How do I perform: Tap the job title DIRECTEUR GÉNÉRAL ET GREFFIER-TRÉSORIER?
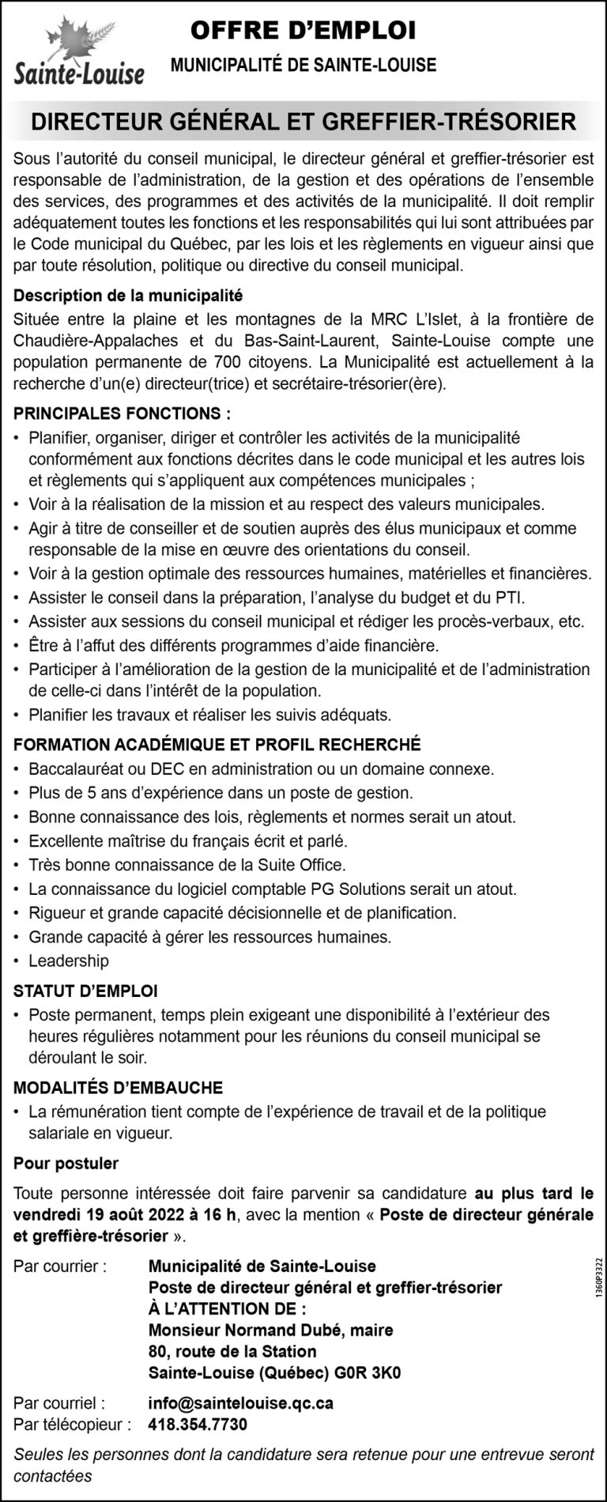pos(303,122)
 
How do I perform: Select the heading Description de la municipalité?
pos(127,296)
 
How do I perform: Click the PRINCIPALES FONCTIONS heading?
pos(123,413)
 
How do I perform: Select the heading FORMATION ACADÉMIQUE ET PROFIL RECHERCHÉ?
pos(217,744)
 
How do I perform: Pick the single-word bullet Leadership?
pos(69,961)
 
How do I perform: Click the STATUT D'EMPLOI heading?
pos(85,990)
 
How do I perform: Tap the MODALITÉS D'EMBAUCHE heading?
pos(119,1088)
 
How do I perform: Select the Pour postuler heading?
pos(66,1163)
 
